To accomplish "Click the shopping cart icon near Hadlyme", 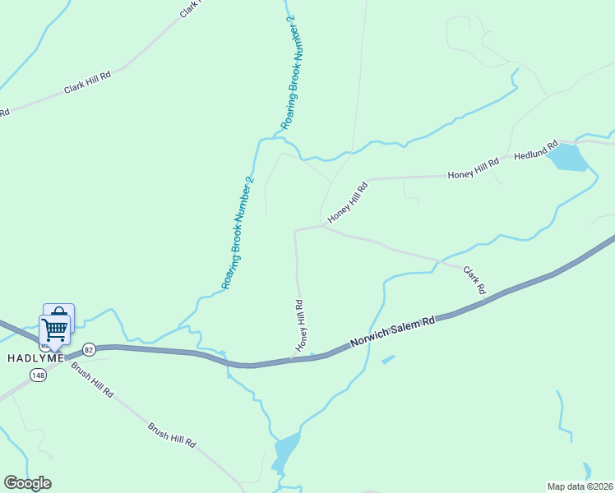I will (x=54, y=328).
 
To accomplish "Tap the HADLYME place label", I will (x=35, y=358).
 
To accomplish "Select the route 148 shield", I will (x=38, y=375).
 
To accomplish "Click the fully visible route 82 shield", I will (x=89, y=349).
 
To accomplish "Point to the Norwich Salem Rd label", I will (x=392, y=330).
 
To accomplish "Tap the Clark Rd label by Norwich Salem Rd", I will (x=474, y=280).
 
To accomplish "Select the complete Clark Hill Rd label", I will (x=87, y=81).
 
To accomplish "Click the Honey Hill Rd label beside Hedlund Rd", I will (x=473, y=169).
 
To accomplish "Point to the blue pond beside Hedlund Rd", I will (x=567, y=157).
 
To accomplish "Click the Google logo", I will (x=27, y=483).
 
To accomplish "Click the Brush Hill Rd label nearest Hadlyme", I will (x=91, y=380).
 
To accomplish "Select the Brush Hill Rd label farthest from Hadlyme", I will (x=172, y=435).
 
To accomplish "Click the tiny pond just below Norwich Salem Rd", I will (x=388, y=359).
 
